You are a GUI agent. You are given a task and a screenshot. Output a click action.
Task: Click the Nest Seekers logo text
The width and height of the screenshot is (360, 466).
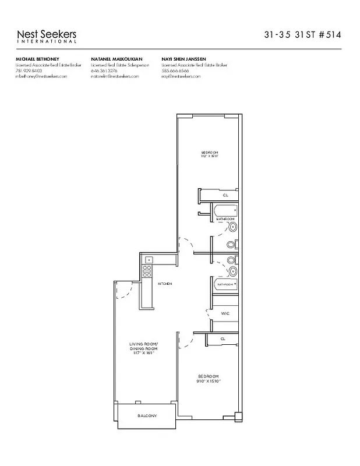[x=47, y=36]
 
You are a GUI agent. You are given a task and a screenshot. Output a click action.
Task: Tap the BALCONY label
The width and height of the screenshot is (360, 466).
[x=146, y=415]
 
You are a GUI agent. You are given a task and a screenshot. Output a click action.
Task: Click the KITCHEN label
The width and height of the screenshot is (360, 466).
[x=164, y=284]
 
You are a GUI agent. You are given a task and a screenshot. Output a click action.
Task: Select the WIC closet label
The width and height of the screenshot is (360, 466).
[x=225, y=314]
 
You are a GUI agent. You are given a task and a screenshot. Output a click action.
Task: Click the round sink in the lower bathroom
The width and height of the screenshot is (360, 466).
[x=234, y=271]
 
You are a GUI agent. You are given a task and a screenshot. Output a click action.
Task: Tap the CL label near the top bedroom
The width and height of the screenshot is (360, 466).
[x=225, y=196]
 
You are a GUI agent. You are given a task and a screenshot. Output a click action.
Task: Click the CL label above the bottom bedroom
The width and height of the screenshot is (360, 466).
[x=223, y=338]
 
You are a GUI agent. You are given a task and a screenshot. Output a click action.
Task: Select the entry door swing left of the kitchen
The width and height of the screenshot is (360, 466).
[x=122, y=291]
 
